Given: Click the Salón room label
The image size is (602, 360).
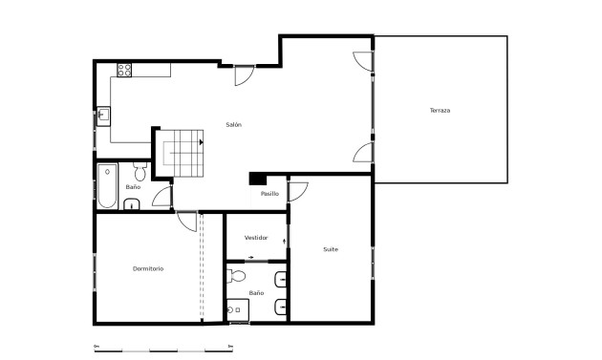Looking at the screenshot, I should pos(233,125).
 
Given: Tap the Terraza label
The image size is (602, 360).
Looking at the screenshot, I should pos(440,111).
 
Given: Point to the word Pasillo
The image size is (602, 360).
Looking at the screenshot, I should pos(269,194).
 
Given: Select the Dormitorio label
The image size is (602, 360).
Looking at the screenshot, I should pos(148,268).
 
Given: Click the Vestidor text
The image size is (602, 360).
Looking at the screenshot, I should pos(256,237).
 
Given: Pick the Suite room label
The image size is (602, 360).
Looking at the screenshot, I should pos(331,249).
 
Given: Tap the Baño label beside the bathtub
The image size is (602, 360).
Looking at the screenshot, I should pos(133,187).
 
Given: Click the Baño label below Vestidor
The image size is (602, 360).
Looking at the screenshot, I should pos(256,292).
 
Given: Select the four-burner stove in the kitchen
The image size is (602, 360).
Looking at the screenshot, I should pos(123,69).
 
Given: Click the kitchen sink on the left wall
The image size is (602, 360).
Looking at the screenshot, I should pos(104,116).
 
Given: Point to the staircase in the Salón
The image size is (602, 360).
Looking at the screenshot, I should pos(184,153).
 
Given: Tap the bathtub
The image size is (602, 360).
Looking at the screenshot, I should pos(105,187).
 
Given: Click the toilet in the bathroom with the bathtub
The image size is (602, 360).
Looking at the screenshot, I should pos(140,171).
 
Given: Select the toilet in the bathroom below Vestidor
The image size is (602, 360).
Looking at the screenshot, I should pos(238,277).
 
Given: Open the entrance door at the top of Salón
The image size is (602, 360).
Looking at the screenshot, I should pos(245,75).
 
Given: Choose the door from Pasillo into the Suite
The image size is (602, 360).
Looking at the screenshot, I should pos(297,189).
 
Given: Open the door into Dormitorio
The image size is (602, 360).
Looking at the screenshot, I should pos(188,220).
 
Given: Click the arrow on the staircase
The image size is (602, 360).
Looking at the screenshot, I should pos(202,140).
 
